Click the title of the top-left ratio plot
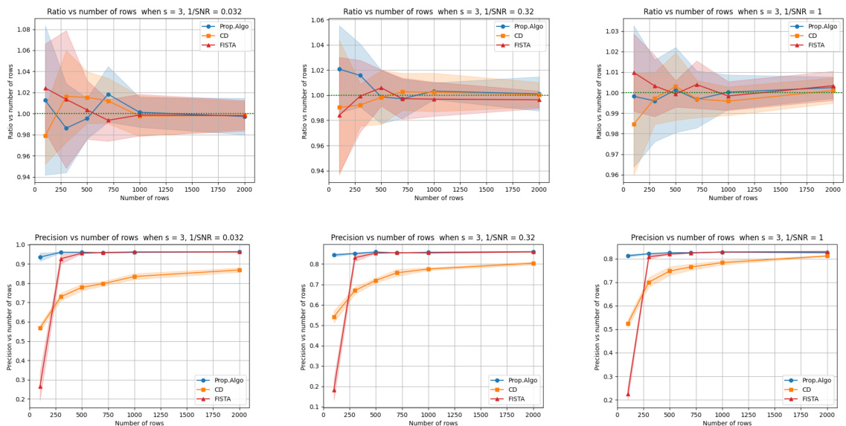(144, 12)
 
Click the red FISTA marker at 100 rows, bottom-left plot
(40, 387)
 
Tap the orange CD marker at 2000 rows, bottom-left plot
(240, 270)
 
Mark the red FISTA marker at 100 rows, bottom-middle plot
(334, 390)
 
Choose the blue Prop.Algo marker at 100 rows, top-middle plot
(339, 69)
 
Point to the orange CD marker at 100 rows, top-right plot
(634, 124)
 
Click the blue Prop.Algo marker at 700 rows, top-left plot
(108, 94)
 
